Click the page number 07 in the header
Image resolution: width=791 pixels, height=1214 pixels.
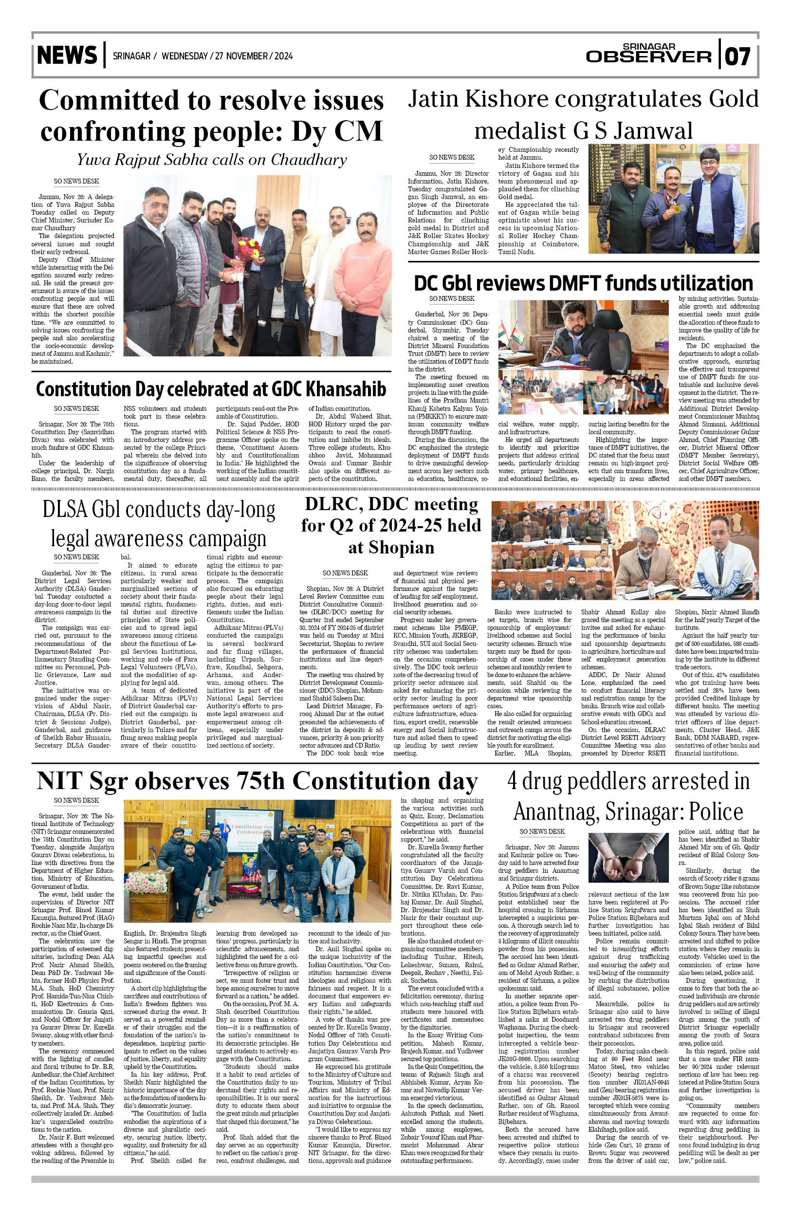tap(737, 56)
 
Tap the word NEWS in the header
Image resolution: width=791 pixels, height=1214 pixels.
tap(67, 55)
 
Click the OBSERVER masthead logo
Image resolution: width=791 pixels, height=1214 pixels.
tap(648, 56)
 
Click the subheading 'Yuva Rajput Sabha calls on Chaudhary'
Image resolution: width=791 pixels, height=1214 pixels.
tap(212, 160)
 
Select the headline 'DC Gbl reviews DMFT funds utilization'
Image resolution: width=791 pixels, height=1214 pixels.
tap(583, 283)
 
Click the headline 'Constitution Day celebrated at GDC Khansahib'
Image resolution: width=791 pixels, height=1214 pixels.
tap(211, 389)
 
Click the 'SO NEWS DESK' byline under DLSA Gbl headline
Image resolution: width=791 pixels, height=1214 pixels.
tap(76, 557)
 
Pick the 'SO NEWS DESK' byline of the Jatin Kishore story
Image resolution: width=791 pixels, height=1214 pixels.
tap(451, 158)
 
